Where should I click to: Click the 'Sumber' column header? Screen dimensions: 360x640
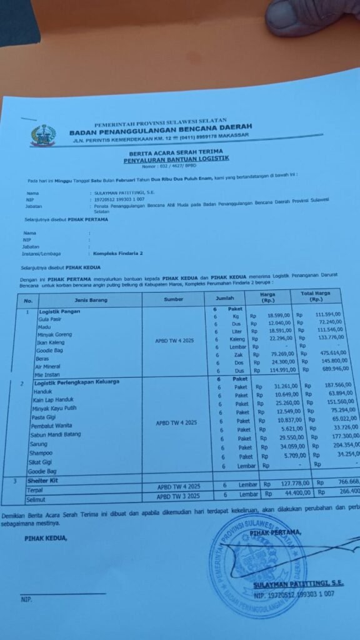(174, 299)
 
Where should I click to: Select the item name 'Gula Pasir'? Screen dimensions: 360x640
(52, 319)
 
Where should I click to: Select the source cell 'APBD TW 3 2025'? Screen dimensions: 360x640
(178, 496)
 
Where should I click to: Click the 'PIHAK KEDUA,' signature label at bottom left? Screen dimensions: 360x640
(45, 538)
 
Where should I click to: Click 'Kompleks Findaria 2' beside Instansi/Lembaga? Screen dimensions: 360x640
(118, 254)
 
